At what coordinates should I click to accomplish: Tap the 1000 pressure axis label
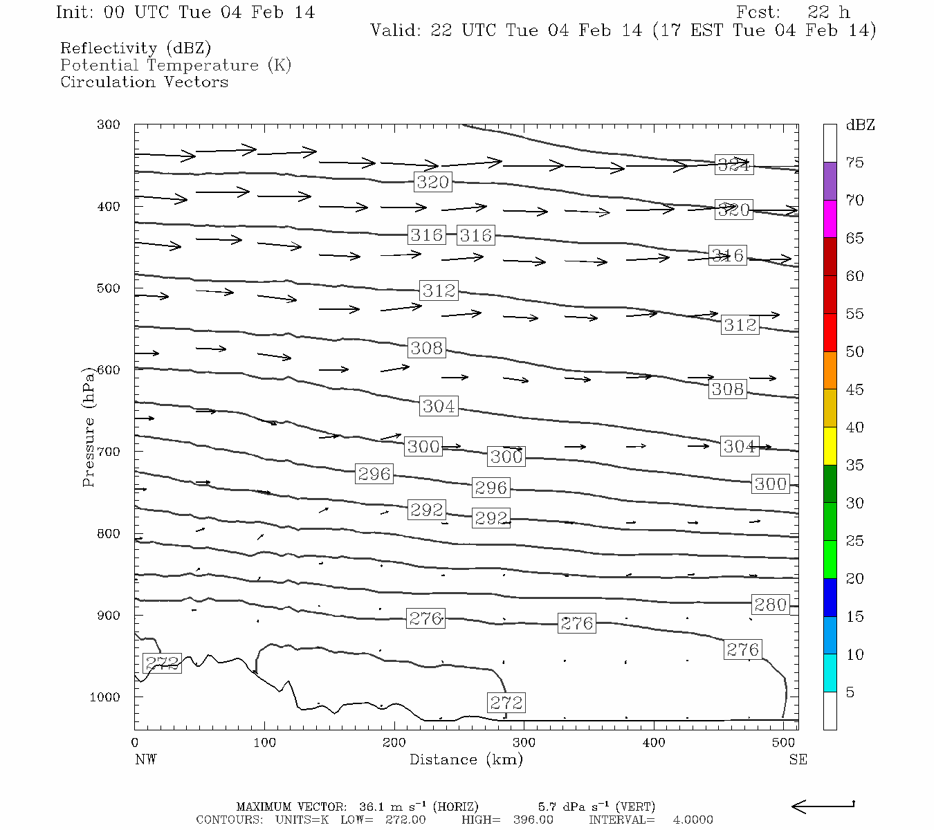coord(104,697)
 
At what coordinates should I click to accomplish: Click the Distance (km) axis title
coord(466,759)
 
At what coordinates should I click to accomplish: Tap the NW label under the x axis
coord(145,759)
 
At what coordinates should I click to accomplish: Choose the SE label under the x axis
coord(798,759)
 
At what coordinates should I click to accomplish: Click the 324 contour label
coord(733,165)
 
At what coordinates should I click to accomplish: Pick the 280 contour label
coord(770,605)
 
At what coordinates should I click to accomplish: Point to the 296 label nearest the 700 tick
coord(374,474)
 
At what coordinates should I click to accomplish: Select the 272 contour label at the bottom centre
coord(506,703)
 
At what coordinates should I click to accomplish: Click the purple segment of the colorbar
coord(830,181)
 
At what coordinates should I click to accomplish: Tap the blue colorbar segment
coord(830,597)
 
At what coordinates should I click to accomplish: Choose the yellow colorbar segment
coord(830,445)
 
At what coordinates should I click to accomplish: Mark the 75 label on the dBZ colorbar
coord(854,163)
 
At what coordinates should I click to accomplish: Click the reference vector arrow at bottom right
coord(823,806)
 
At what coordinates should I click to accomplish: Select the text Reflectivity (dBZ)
coord(136,48)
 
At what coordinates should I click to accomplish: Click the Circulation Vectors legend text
coord(144,82)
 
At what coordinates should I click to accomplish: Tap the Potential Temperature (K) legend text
coord(176,65)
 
